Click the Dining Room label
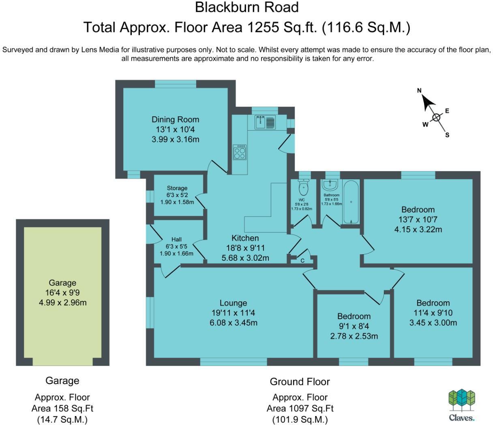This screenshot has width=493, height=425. [x=175, y=119]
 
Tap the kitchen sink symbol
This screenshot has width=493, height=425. [x=265, y=122]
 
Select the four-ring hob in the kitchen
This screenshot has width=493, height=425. [x=240, y=152]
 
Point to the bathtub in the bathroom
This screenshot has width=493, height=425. [x=351, y=202]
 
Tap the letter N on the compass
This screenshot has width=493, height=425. [x=420, y=90]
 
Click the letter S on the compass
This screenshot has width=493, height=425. [x=447, y=135]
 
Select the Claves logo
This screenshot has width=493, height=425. [x=461, y=406]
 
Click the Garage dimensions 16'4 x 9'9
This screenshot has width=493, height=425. [x=62, y=292]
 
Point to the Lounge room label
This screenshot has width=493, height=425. [x=233, y=303]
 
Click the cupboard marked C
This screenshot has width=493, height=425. [x=302, y=261]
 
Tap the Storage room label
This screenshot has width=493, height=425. [x=177, y=188]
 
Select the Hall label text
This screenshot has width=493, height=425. [x=176, y=239]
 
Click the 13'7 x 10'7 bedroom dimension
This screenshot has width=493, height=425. [x=418, y=219]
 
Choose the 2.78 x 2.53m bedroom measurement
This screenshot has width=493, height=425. [x=354, y=336]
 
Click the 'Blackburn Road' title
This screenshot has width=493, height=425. [x=246, y=7]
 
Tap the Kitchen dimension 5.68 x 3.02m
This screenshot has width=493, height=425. [x=245, y=258]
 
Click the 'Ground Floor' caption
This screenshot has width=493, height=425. [x=300, y=382]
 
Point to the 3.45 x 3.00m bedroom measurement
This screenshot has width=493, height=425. [x=433, y=323]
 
